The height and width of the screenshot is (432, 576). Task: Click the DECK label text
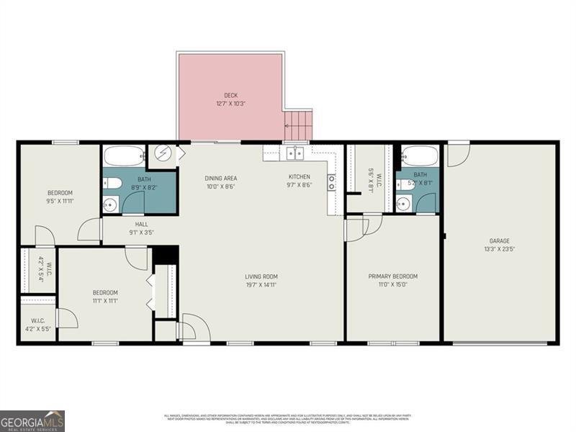point(230,94)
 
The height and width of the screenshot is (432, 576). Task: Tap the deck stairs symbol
point(299,125)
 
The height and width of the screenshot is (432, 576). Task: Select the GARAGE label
point(500,241)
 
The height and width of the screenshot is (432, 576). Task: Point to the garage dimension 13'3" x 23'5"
point(500,249)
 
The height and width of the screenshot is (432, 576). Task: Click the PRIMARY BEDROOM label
point(392,276)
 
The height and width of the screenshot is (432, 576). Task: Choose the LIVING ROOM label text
point(261,276)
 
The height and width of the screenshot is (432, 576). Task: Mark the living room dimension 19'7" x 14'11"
point(261,284)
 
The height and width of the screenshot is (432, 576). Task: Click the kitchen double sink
point(295,153)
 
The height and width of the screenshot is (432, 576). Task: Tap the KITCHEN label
point(300,177)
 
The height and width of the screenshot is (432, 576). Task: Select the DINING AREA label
point(221,179)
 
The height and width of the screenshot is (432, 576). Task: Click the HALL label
point(141,225)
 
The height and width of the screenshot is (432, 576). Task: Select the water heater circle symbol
point(163,155)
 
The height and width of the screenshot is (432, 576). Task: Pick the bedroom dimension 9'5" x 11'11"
point(60,201)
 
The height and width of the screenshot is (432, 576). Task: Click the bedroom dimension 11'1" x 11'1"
point(105,300)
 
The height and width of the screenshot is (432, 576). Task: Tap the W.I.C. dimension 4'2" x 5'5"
point(37,328)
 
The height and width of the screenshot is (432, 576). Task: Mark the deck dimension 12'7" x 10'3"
point(230,103)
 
